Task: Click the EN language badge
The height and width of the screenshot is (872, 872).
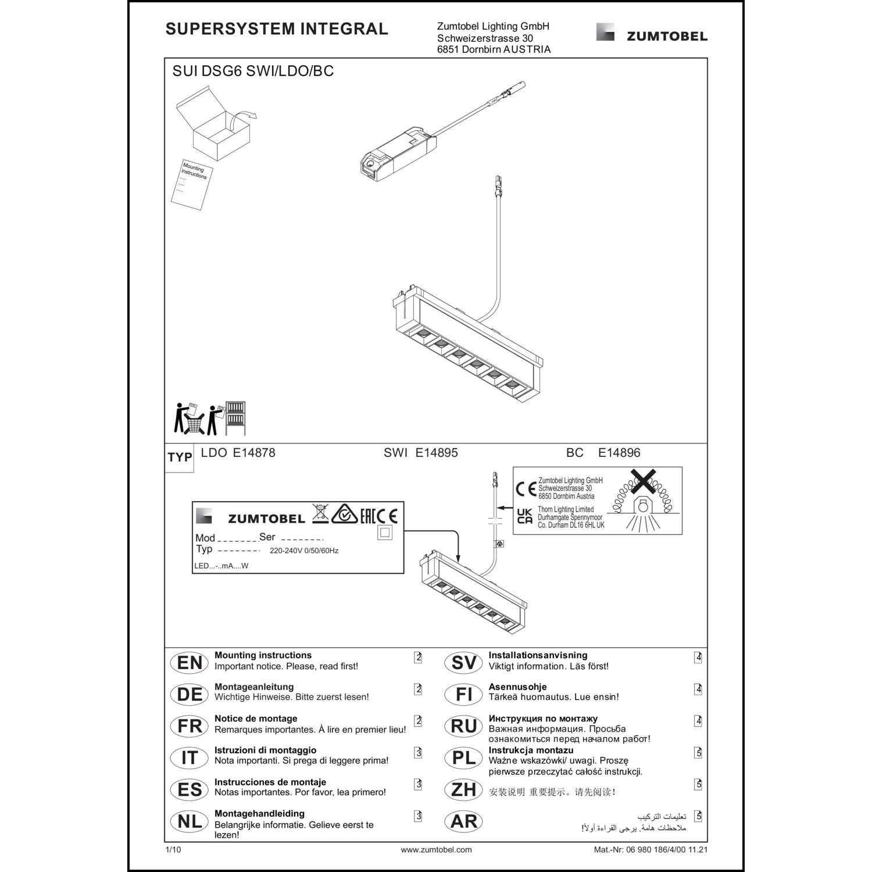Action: [190, 663]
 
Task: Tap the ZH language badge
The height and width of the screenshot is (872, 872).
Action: [463, 789]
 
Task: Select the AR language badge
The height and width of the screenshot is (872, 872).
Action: [463, 821]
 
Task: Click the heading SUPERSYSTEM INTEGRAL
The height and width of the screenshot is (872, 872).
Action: [277, 29]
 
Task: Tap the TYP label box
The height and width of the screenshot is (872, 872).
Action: [180, 458]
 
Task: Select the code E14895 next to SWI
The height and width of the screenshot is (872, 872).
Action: [437, 453]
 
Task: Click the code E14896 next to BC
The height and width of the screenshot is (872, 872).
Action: [619, 453]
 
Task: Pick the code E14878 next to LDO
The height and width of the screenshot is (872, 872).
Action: [254, 453]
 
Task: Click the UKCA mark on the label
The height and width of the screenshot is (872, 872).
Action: [524, 516]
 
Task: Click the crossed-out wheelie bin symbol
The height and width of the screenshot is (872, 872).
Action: [320, 513]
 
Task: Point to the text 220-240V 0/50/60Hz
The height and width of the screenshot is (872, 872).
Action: [304, 551]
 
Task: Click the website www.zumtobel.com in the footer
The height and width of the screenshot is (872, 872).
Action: [436, 849]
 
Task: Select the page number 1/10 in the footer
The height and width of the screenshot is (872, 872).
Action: [173, 849]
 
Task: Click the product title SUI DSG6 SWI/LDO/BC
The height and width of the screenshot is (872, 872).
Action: [253, 72]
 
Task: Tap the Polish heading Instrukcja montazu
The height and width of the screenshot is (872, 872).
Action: [531, 750]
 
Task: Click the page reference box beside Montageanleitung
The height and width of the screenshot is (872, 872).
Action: [418, 689]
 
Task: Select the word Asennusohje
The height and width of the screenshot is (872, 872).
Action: [517, 687]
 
